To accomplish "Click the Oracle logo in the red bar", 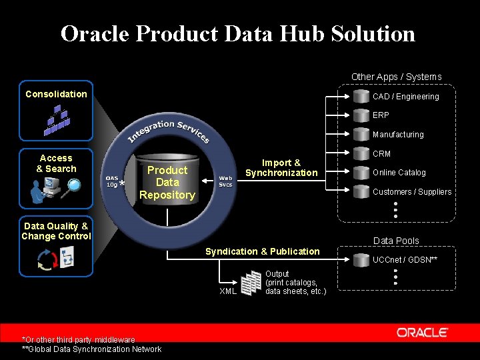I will point(422,332).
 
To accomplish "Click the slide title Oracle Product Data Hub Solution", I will point(238,33).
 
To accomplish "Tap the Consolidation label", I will point(56,94).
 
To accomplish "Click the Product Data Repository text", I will point(167,183).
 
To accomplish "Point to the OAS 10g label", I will point(111,181).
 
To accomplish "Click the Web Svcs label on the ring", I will point(226,181).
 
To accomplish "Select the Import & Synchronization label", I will point(281,167).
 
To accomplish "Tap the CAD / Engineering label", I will point(405,97).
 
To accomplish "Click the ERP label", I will point(381,115).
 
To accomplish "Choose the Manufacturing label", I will point(398,135).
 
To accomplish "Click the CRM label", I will point(381,154).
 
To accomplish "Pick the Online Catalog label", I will point(399,173).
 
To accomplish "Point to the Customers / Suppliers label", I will point(411,192).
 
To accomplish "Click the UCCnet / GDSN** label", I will point(405,259).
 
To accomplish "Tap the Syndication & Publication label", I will point(262,251).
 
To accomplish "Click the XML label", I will point(228,291).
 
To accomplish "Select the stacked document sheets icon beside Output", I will point(251,283).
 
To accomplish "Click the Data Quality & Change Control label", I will point(56,231).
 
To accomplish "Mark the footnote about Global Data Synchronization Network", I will point(91,349).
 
